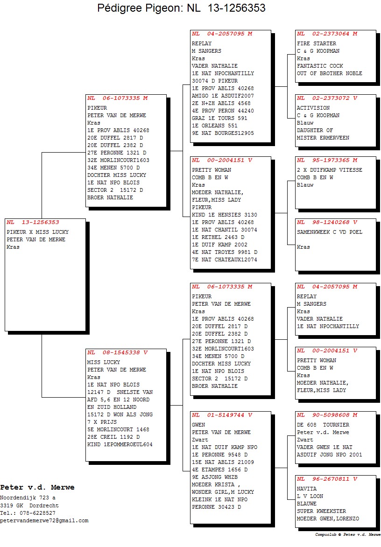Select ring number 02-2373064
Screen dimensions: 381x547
click(x=331, y=34)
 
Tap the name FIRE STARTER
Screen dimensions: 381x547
click(x=317, y=43)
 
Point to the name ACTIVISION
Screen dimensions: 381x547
click(x=313, y=108)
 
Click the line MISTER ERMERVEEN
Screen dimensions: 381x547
click(x=323, y=138)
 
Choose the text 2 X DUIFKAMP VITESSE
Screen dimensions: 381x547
click(x=329, y=170)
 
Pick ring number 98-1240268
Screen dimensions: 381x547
click(x=331, y=222)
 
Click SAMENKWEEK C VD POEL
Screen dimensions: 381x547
click(x=329, y=232)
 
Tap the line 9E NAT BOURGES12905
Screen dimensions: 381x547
click(x=223, y=133)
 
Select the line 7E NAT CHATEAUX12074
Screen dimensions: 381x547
click(x=224, y=260)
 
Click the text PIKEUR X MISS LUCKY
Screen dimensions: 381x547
click(x=38, y=232)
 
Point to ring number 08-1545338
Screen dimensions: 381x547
click(x=121, y=353)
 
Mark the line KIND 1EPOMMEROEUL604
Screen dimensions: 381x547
click(x=120, y=444)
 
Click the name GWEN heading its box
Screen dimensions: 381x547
click(x=198, y=425)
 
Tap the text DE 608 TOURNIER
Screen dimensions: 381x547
click(x=323, y=425)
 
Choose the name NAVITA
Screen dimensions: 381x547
click(x=307, y=489)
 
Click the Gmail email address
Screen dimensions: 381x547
click(x=44, y=520)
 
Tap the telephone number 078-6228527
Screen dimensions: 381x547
click(x=35, y=513)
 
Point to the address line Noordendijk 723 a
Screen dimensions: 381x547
click(x=28, y=498)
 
